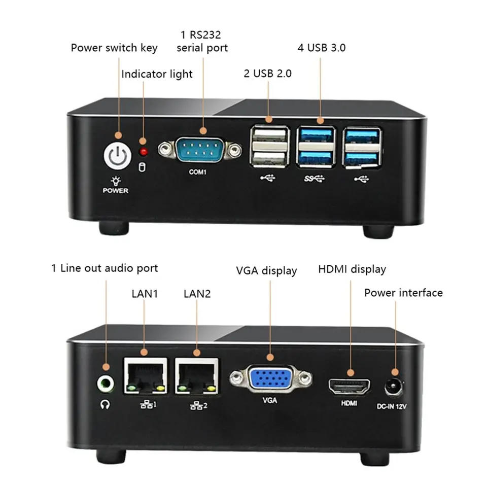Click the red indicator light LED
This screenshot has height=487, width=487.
[x=144, y=152]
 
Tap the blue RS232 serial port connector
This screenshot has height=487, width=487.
[x=200, y=150]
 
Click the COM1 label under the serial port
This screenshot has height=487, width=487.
[x=197, y=172]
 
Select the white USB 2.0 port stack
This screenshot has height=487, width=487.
[x=270, y=146]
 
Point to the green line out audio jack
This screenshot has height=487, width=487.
[x=106, y=384]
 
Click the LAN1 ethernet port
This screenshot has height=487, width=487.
[x=146, y=376]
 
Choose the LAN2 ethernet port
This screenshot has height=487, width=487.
[x=197, y=376]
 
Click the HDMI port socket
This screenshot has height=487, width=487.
[x=350, y=387]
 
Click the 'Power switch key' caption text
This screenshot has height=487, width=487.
[x=114, y=48]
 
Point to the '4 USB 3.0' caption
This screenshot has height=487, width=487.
[x=322, y=48]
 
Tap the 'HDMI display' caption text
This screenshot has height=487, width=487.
[x=352, y=269]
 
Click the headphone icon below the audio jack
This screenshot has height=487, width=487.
[x=105, y=404]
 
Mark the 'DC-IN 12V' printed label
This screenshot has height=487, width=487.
[x=392, y=406]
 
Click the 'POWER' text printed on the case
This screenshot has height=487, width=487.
[x=116, y=190]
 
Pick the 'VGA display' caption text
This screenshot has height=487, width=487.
[x=266, y=271]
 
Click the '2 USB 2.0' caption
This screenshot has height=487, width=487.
[x=268, y=74]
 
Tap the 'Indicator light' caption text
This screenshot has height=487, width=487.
[x=157, y=74]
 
